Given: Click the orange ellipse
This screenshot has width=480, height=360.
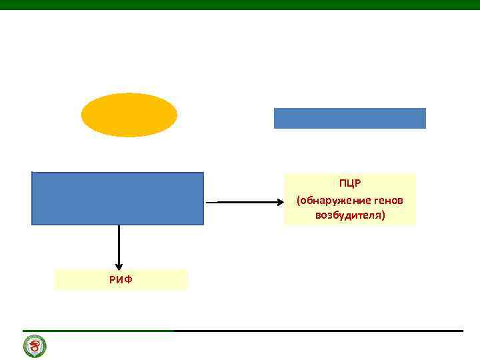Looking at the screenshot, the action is click(129, 115).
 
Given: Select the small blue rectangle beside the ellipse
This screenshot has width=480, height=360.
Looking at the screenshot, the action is click(349, 118).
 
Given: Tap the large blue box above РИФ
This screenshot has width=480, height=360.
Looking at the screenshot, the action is click(117, 198).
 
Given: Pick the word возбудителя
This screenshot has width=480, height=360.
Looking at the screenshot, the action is click(348, 216).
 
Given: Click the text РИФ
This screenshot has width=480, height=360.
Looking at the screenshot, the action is click(121, 279).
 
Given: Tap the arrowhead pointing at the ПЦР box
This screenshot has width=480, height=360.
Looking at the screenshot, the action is click(279, 201).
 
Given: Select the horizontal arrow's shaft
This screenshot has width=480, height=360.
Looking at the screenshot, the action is click(240, 201).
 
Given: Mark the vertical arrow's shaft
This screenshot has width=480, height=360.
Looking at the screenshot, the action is click(119, 243).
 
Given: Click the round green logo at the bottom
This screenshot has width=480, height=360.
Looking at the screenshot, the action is click(35, 347).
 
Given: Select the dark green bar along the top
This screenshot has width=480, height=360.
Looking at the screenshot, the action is click(240, 5).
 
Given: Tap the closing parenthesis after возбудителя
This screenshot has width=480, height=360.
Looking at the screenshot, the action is click(384, 216).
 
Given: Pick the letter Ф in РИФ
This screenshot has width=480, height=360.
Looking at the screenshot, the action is click(128, 279).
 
